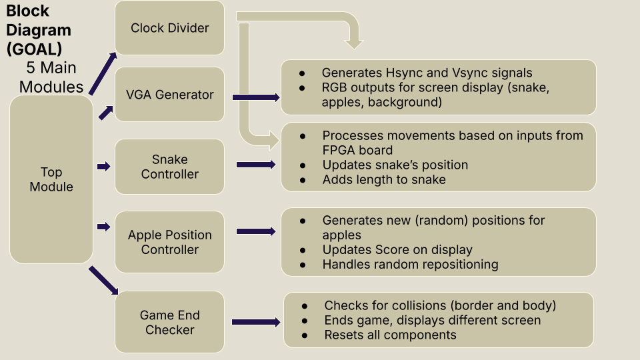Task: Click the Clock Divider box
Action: [169, 28]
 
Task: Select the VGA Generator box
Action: [169, 94]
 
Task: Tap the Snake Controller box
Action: [169, 167]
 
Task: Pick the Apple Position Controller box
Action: [169, 242]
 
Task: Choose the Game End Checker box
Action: [169, 322]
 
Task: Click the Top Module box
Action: [51, 179]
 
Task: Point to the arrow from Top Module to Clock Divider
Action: [103, 73]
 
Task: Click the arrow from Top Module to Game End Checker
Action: [103, 281]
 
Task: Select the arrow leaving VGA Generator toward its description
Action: [256, 97]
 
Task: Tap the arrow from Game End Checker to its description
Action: [256, 322]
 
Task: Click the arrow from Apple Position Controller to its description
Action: [256, 231]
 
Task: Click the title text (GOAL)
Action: [34, 49]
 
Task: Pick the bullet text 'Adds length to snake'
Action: [384, 179]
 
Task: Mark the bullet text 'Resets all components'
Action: [390, 335]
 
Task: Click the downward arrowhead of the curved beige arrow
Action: [354, 44]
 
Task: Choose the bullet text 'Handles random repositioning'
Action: [410, 264]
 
